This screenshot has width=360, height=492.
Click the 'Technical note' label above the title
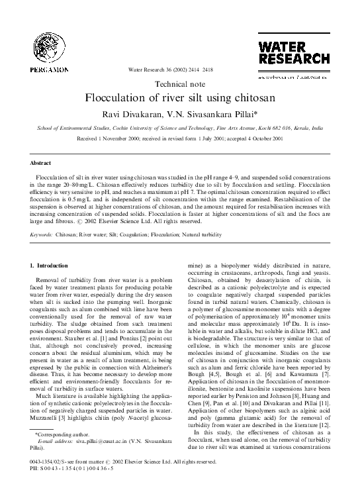180,84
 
